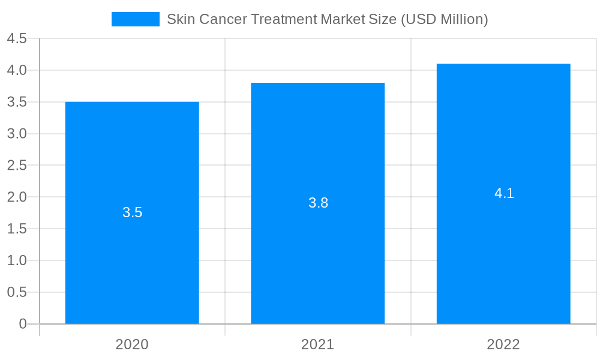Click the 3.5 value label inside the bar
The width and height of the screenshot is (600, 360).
pos(132,212)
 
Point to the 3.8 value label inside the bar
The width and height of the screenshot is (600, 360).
pos(318,203)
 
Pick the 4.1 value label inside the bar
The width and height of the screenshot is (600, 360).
pos(504,193)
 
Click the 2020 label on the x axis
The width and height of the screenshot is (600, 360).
pos(132,344)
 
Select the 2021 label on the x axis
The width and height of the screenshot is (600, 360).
pos(317,344)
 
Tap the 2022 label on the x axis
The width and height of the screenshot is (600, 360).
pos(503,344)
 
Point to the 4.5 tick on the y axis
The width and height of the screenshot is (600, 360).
pos(17,39)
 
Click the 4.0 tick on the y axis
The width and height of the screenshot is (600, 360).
pos(17,71)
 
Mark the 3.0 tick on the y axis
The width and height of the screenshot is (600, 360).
pos(17,134)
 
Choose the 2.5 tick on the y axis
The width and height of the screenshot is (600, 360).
pos(17,166)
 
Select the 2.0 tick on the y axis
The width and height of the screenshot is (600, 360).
pos(17,197)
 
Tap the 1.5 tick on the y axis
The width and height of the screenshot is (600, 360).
pos(17,229)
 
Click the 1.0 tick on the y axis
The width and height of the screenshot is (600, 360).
pos(17,260)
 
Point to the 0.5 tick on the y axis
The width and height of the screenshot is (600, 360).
pos(17,292)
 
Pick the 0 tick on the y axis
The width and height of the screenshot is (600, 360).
pos(23,324)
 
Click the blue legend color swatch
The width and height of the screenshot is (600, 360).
pos(136,19)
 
